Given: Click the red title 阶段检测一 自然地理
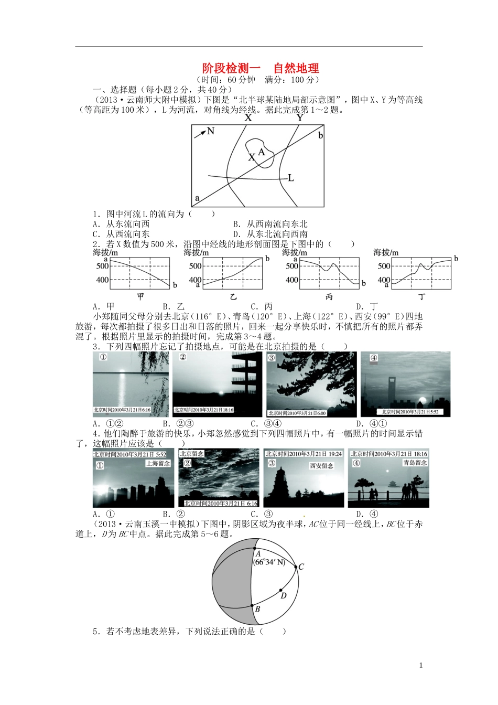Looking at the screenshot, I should click(x=261, y=68).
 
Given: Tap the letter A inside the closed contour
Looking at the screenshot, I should click(x=262, y=152).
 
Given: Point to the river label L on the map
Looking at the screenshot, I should click(x=291, y=178).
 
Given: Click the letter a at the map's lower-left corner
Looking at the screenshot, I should click(x=197, y=198).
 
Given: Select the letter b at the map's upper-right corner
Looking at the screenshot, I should click(x=320, y=135).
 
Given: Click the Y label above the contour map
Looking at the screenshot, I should click(x=299, y=118).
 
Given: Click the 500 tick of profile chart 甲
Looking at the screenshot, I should click(x=102, y=266).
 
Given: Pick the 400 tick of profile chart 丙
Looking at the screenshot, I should click(x=292, y=280).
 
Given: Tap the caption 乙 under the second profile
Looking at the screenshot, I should click(x=233, y=297).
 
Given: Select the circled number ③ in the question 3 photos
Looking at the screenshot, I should click(x=272, y=358).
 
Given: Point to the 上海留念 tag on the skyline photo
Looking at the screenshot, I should click(x=158, y=464).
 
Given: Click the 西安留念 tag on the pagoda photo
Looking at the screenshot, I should click(x=321, y=466).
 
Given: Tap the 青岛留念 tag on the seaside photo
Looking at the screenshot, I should click(x=415, y=463).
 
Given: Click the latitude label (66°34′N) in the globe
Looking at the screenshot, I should click(x=269, y=562).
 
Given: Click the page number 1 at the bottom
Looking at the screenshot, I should click(x=421, y=666).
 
